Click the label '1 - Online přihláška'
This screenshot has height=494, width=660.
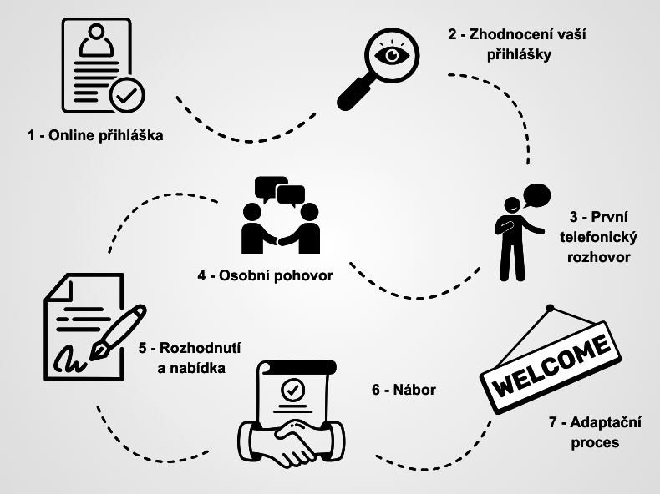pos(95,135)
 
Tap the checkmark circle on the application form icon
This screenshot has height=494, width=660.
pos(127,95)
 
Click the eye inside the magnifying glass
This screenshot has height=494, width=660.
pos(392,54)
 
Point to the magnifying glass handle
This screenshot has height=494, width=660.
pos(353,93)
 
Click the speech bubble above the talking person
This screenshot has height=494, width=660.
pos(536,195)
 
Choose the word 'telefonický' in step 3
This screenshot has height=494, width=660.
pos(598,237)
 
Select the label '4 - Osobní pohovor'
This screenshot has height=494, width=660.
pos(265,276)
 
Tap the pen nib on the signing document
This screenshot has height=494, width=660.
pos(98,351)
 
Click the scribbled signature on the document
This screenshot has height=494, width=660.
pos(69,360)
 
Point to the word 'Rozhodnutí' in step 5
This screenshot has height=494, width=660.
pos(201,348)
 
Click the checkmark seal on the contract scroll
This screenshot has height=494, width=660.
pos(293,390)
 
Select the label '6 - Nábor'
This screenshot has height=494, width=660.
pos(404,390)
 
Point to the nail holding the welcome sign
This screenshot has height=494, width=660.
pos(550,308)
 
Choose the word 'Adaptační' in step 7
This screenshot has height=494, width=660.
pos(606,422)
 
